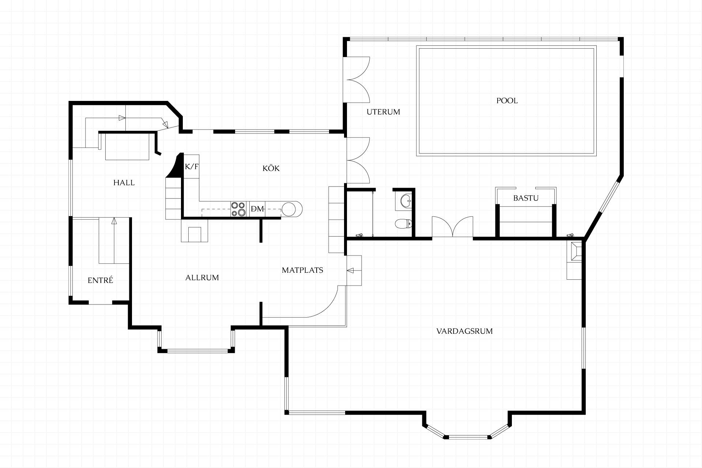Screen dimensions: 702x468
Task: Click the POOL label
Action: click(x=507, y=101)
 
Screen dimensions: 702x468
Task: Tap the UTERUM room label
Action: click(x=383, y=112)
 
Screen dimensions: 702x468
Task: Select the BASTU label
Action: click(x=526, y=198)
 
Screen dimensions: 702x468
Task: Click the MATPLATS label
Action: click(x=302, y=270)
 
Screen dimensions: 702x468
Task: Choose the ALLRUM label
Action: click(x=202, y=278)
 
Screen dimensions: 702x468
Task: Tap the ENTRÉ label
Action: click(x=100, y=280)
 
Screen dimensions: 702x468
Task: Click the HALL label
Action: click(x=124, y=182)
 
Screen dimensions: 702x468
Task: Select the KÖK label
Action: click(x=271, y=168)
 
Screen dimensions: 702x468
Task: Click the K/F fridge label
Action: click(x=192, y=167)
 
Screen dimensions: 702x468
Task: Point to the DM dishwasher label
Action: click(x=257, y=209)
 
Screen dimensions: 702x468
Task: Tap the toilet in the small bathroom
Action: click(x=404, y=223)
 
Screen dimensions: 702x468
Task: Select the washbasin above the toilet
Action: click(x=406, y=200)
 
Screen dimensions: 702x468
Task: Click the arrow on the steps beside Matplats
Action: click(x=350, y=271)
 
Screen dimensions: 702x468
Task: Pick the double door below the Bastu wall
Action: click(x=453, y=227)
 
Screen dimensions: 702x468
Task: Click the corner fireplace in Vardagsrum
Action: click(x=574, y=252)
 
